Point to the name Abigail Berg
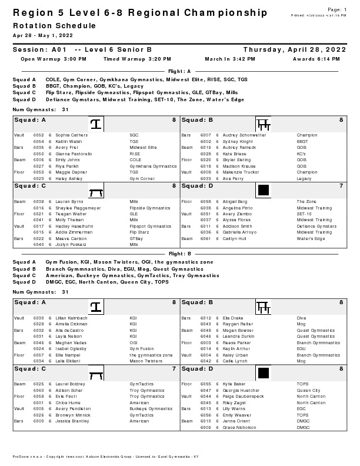click(x=235, y=201)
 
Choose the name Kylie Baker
click(x=234, y=384)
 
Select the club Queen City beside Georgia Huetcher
click(x=308, y=390)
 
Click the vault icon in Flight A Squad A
click(x=95, y=124)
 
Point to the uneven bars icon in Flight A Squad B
click(x=263, y=124)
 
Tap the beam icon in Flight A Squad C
click(x=95, y=191)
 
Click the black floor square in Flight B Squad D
click(x=263, y=372)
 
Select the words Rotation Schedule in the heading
click(x=54, y=26)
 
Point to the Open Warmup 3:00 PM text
click(x=54, y=59)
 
